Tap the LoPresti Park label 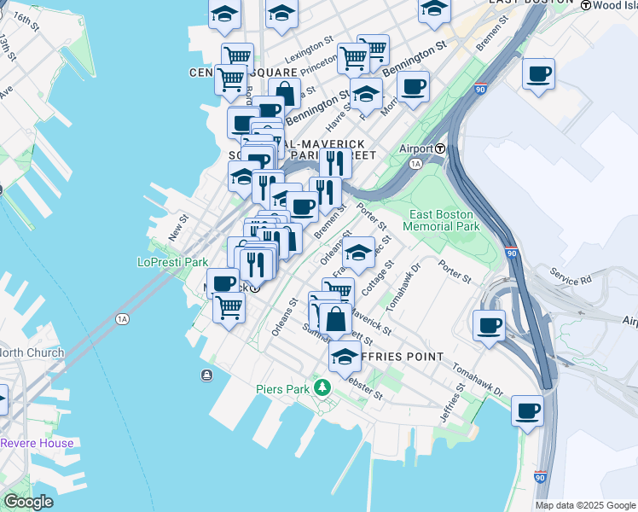click(173, 263)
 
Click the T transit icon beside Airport click(440, 148)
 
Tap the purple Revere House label click(37, 443)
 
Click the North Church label click(32, 352)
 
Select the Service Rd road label click(571, 279)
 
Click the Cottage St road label click(374, 280)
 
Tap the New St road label click(177, 227)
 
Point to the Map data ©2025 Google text click(585, 505)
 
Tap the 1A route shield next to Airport click(416, 162)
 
